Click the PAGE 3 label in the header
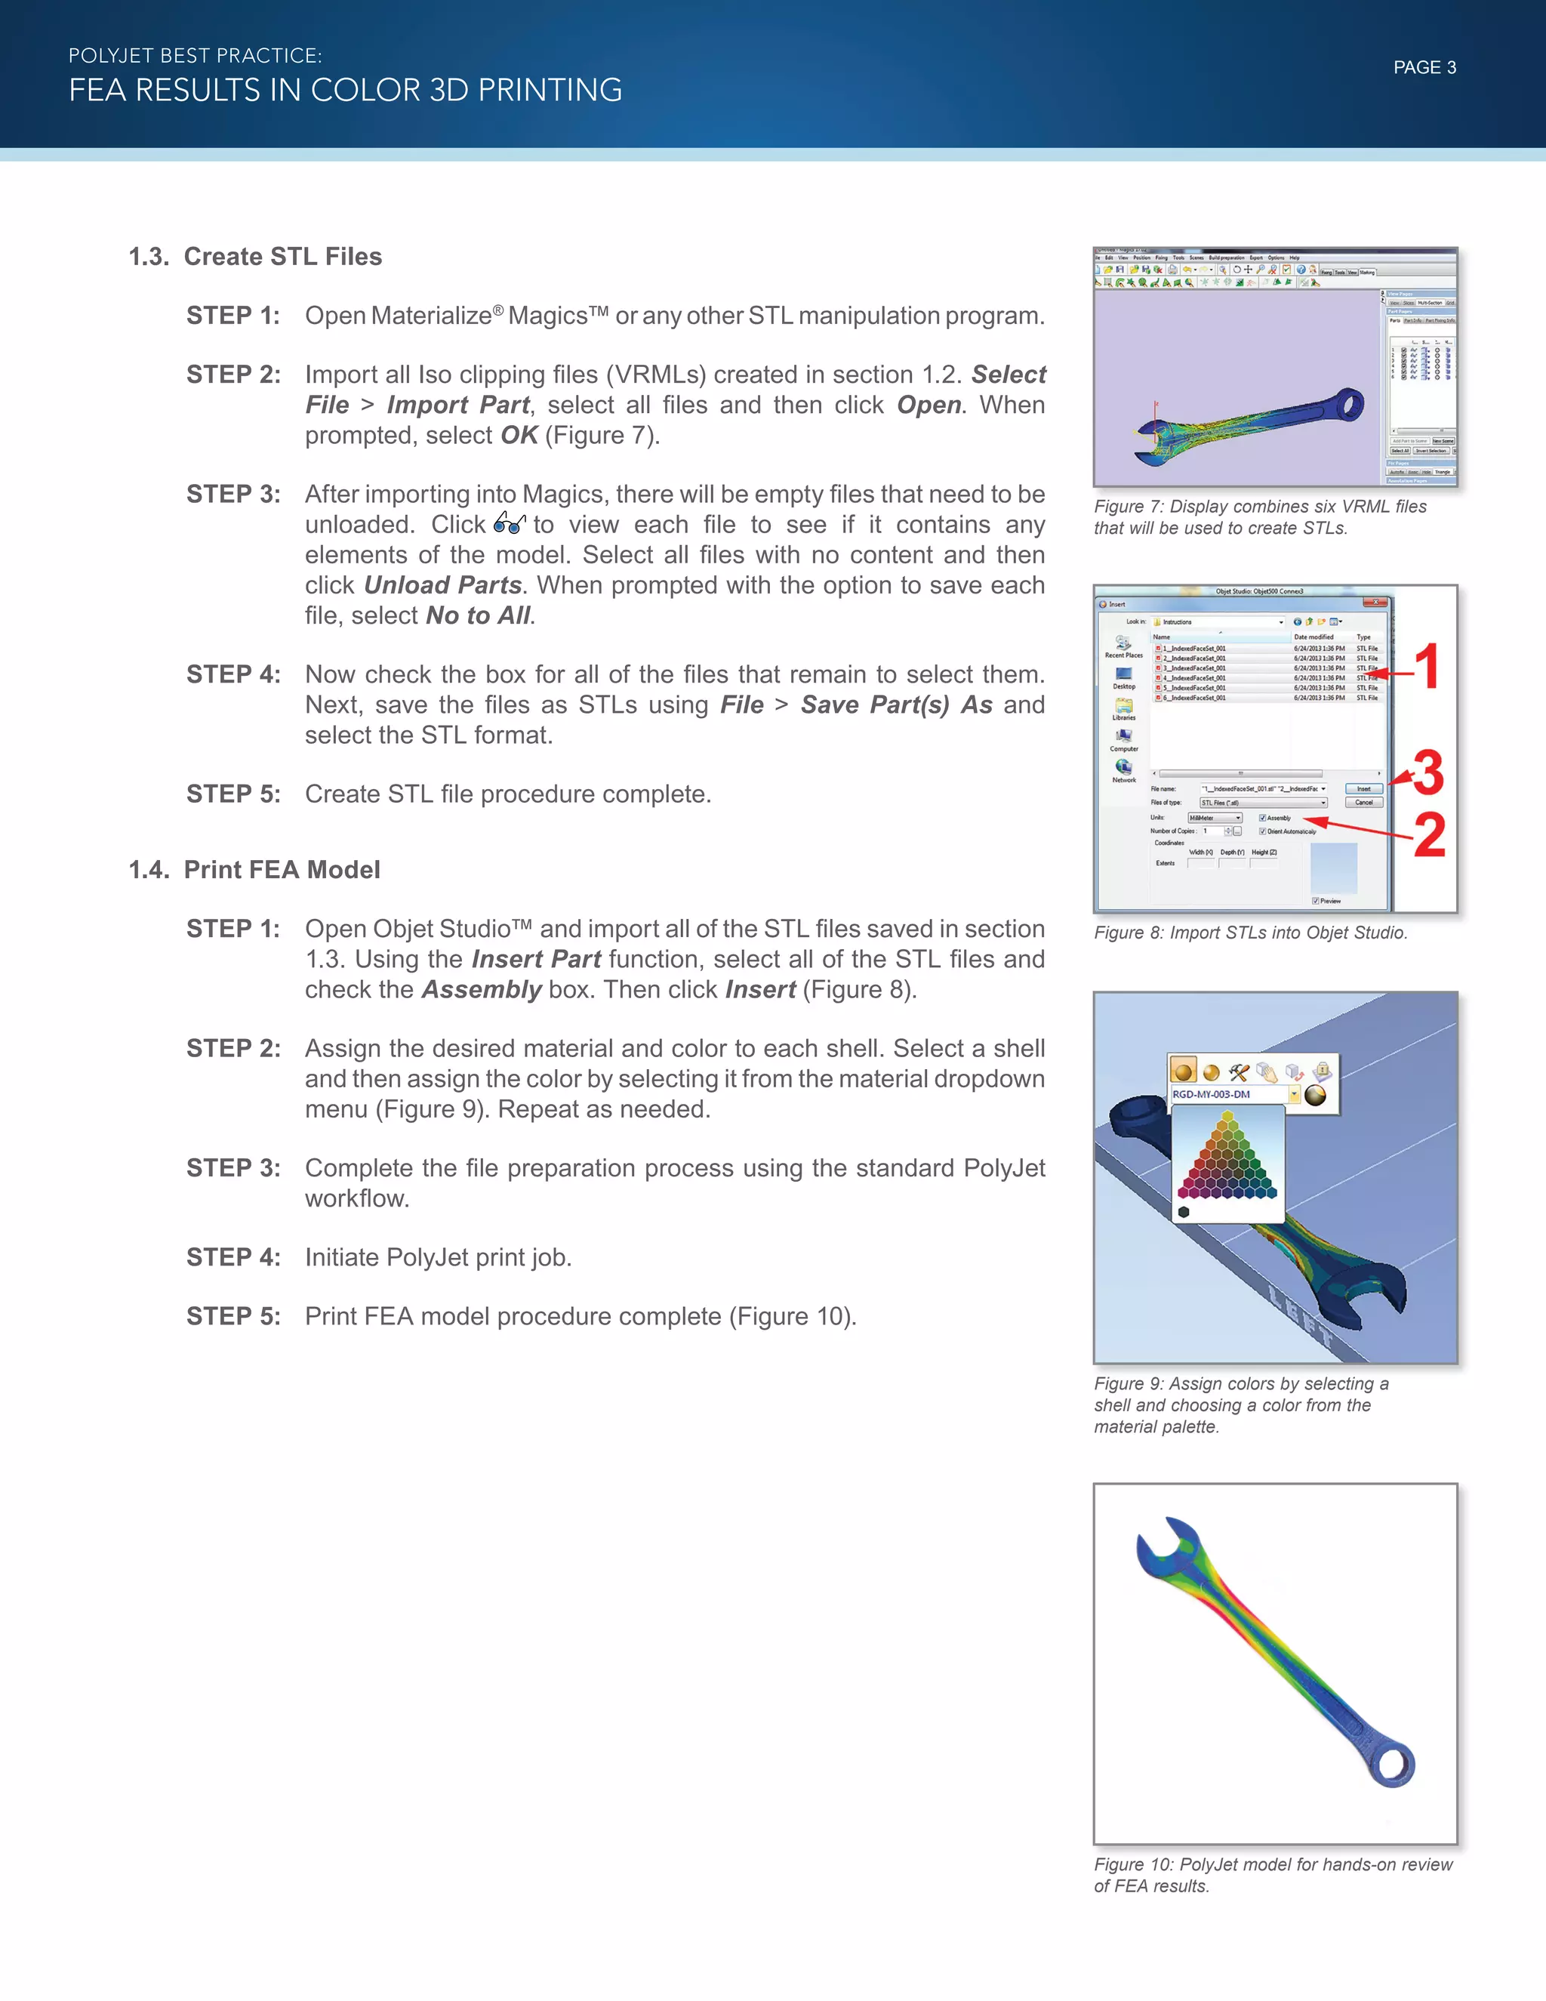click(x=1424, y=68)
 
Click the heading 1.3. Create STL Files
click(x=256, y=257)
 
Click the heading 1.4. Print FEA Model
click(x=254, y=869)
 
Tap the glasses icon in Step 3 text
click(x=510, y=523)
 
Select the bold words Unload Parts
click(x=442, y=585)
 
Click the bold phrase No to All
click(x=478, y=615)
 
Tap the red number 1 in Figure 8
click(x=1427, y=666)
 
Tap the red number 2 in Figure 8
click(x=1430, y=836)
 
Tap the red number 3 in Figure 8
click(x=1427, y=773)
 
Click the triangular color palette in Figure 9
click(x=1227, y=1156)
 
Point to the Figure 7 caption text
click(x=1259, y=516)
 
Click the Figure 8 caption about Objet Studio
click(x=1250, y=933)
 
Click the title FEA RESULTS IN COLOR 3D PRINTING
click(x=345, y=90)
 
